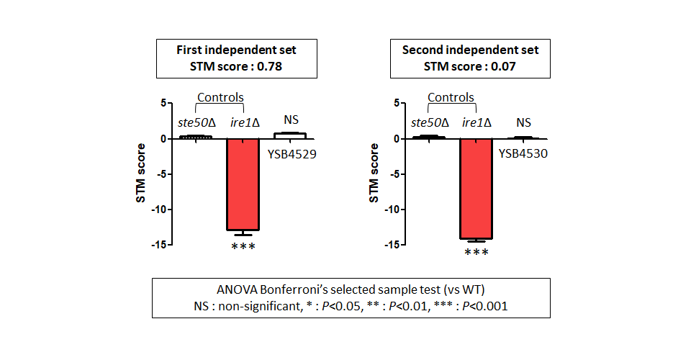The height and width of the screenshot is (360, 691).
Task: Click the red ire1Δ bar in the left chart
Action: point(243,184)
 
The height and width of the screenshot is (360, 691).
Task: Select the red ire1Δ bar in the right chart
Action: point(476,189)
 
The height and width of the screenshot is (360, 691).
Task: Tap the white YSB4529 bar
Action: point(290,135)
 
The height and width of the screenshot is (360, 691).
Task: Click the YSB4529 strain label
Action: point(292,154)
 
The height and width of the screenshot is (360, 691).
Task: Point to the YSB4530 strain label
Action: point(523,153)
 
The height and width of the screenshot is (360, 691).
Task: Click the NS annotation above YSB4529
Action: point(291,120)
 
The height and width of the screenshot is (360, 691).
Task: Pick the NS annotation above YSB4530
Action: point(523,122)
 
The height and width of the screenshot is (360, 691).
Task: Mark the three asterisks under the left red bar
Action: point(243,246)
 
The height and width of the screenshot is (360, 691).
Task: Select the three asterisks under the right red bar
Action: point(477,253)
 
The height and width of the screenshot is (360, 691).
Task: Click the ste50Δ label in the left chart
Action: point(197,122)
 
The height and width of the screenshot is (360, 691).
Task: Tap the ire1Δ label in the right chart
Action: point(477,122)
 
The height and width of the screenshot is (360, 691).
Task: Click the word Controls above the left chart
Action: point(220,97)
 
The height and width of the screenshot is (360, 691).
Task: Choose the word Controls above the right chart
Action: point(451,97)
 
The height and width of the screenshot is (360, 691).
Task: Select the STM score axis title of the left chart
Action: point(140,174)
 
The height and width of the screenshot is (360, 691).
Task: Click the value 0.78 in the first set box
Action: point(269,66)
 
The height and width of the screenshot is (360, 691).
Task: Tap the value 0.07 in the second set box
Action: point(503,66)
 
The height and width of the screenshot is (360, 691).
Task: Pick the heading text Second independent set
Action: point(470,50)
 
